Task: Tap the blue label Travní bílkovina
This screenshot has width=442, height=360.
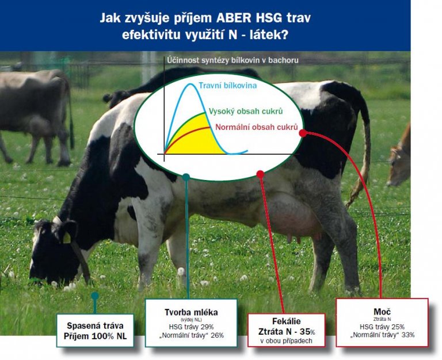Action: (x=228, y=85)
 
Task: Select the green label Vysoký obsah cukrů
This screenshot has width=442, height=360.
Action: (x=246, y=112)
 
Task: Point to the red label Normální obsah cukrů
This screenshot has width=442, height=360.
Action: (x=257, y=127)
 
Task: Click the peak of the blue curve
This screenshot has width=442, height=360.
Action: (x=190, y=84)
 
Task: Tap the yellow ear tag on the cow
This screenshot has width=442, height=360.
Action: (x=67, y=238)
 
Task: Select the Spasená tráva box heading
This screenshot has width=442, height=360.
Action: (x=95, y=326)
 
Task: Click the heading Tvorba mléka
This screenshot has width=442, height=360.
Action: (x=191, y=312)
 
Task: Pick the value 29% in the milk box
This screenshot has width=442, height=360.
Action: (x=207, y=327)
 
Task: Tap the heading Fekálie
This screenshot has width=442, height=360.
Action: (x=287, y=321)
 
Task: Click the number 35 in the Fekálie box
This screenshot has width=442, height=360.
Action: (x=304, y=332)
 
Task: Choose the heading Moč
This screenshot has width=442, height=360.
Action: (x=382, y=312)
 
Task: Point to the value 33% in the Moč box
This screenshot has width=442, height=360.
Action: (x=408, y=335)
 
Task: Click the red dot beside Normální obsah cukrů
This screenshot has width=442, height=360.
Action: (x=303, y=133)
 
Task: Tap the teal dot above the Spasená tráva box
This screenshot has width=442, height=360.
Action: (x=95, y=296)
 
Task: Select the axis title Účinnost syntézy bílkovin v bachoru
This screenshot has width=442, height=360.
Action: (x=233, y=60)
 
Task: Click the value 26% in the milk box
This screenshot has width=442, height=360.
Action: (x=217, y=335)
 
